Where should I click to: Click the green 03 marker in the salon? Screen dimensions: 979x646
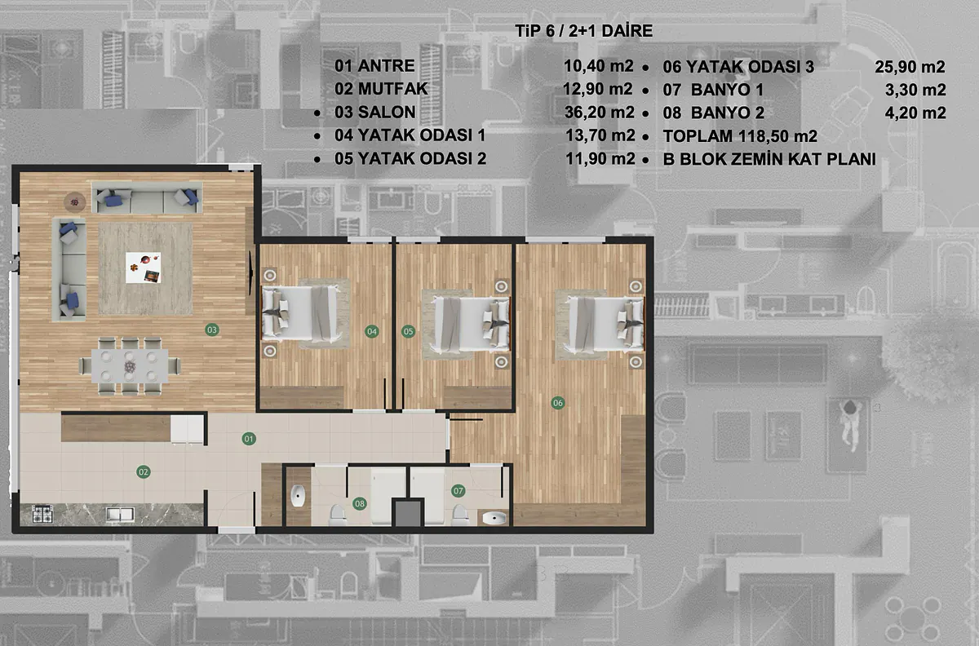(x=212, y=330)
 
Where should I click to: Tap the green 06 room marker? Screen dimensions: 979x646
(x=558, y=403)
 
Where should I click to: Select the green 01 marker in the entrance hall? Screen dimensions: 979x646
(x=249, y=439)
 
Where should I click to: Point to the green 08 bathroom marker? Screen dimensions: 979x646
(x=359, y=503)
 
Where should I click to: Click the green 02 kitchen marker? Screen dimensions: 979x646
(x=144, y=472)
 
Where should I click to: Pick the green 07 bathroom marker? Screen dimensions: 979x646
(x=458, y=491)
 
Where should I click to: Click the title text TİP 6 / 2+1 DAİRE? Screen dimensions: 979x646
(x=584, y=31)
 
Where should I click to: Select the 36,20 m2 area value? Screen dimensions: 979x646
(x=599, y=113)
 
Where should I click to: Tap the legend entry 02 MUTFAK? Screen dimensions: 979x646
(x=381, y=89)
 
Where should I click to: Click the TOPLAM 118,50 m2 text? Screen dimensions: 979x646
(x=740, y=136)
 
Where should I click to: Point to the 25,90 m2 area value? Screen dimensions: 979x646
(x=910, y=67)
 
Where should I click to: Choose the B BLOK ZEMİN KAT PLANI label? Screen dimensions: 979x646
(x=769, y=159)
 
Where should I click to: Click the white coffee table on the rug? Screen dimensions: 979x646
(x=144, y=268)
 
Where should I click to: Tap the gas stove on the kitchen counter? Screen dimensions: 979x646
(x=42, y=514)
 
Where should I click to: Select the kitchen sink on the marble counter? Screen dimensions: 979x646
(x=120, y=515)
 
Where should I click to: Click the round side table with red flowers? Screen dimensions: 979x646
(x=75, y=202)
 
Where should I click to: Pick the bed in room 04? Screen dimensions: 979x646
(x=301, y=313)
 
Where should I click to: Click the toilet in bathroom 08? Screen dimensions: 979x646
(x=338, y=515)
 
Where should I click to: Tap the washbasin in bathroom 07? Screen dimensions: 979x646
(x=494, y=519)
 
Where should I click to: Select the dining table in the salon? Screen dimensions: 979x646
(x=130, y=366)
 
